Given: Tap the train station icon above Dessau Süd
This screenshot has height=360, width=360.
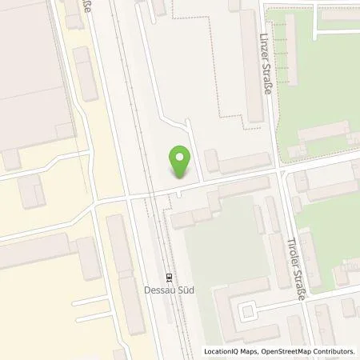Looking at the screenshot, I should [x=169, y=278].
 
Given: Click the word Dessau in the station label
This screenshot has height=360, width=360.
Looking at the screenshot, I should [x=158, y=290].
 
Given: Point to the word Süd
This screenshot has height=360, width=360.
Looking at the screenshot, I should [x=185, y=290].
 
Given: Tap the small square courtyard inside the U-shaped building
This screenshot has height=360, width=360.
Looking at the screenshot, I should [x=248, y=310].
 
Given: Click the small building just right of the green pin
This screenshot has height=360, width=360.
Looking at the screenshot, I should [x=212, y=161].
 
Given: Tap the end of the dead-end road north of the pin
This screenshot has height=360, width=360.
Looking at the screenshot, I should [x=187, y=122].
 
